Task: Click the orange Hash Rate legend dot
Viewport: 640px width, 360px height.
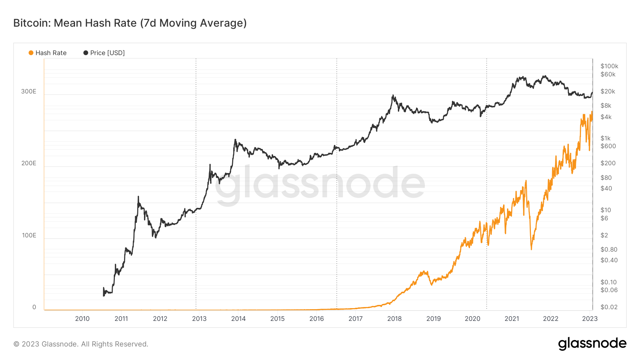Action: click(x=31, y=53)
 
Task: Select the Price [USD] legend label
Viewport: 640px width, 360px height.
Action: click(x=107, y=53)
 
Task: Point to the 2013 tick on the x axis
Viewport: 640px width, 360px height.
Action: click(x=199, y=319)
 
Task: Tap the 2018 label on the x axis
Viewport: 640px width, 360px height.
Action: click(x=394, y=319)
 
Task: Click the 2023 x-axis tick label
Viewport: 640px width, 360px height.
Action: click(x=590, y=319)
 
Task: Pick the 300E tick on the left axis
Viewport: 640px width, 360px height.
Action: click(x=28, y=91)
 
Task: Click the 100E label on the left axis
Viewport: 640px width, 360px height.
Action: click(x=29, y=235)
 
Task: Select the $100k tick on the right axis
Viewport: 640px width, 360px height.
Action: click(x=609, y=66)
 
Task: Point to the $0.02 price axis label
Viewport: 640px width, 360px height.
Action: click(x=609, y=307)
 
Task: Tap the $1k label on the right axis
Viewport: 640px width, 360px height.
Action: click(x=605, y=138)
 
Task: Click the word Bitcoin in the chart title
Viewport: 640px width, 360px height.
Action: click(x=32, y=23)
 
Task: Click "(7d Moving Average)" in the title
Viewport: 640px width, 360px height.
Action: click(x=193, y=23)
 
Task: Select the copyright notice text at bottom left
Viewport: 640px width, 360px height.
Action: click(x=81, y=344)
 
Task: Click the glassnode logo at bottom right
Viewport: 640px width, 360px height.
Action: click(x=592, y=344)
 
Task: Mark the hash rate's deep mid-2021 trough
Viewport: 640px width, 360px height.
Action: click(x=531, y=249)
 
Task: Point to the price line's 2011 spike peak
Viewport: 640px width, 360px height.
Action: click(x=138, y=197)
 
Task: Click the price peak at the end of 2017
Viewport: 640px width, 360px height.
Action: click(x=393, y=95)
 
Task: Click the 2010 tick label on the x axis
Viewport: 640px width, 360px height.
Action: click(x=82, y=319)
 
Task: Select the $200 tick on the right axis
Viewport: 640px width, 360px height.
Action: click(x=608, y=163)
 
